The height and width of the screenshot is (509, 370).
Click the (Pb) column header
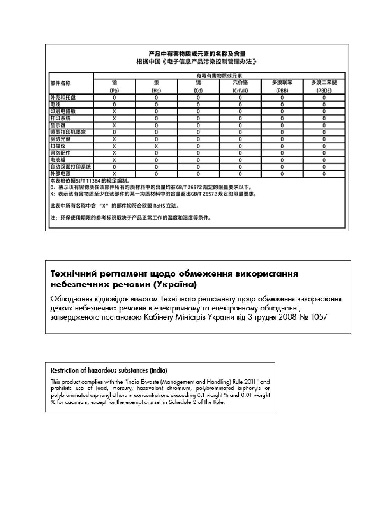click(x=115, y=90)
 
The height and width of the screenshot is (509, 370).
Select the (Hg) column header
click(x=156, y=90)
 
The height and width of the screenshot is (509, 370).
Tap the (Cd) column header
click(x=198, y=90)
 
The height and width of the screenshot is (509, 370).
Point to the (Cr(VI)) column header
click(x=240, y=90)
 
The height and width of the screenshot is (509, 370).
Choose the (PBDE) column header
click(x=324, y=90)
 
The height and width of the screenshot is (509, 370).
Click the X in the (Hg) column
click(x=156, y=146)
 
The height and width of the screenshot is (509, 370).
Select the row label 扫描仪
click(x=58, y=146)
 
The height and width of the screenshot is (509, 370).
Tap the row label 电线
click(x=55, y=104)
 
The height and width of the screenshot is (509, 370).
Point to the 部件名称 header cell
click(x=61, y=83)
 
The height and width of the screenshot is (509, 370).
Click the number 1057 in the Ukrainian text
click(x=319, y=317)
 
